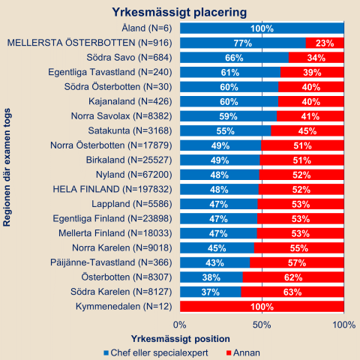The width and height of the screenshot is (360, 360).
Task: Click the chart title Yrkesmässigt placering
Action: tap(179, 12)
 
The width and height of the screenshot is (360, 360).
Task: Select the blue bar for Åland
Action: tap(262, 28)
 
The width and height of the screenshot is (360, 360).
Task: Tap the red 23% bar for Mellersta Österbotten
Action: tap(325, 43)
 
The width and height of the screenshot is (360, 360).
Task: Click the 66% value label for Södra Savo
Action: tap(234, 58)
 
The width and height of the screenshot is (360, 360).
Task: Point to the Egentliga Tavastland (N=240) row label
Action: tap(110, 72)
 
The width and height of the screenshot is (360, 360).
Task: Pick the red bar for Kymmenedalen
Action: tap(262, 307)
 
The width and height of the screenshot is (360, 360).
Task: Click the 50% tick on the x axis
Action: tap(262, 325)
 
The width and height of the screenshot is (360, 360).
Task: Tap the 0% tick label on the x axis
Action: tap(180, 325)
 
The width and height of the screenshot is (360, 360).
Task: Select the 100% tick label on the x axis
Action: tap(344, 325)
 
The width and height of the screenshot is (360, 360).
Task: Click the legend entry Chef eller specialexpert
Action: tap(156, 352)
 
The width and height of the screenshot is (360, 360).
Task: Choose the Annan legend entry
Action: tap(243, 352)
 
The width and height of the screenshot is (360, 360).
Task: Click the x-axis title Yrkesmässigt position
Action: tap(181, 339)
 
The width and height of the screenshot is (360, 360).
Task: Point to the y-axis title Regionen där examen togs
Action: tap(7, 167)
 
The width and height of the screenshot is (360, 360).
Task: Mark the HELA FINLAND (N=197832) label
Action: tap(112, 189)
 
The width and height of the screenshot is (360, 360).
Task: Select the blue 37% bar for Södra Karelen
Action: tap(211, 292)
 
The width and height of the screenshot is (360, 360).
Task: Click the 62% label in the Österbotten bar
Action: tap(293, 277)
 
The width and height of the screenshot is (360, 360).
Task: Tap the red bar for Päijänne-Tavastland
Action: tap(297, 262)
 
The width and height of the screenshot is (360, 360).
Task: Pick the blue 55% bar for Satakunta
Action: tap(226, 131)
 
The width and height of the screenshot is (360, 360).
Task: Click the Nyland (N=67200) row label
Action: tap(134, 175)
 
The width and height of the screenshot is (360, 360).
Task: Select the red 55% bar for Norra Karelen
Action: tap(299, 248)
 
